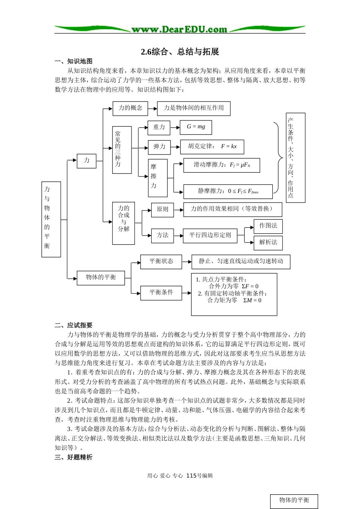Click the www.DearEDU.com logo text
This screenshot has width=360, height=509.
pyautogui.click(x=179, y=29)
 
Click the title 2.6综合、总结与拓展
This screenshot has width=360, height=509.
pyautogui.click(x=180, y=52)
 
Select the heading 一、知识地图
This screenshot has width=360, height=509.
pyautogui.click(x=74, y=61)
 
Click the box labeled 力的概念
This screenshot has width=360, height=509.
pyautogui.click(x=130, y=108)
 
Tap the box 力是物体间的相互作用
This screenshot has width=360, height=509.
pyautogui.click(x=194, y=108)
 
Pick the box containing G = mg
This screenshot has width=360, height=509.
pyautogui.click(x=196, y=127)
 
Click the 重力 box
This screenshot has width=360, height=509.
pyautogui.click(x=159, y=128)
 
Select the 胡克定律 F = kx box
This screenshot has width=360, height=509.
pyautogui.click(x=213, y=147)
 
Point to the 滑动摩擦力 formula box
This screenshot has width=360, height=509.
pyautogui.click(x=222, y=165)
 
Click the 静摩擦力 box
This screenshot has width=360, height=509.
pyautogui.click(x=228, y=192)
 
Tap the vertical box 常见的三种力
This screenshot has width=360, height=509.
pyautogui.click(x=122, y=150)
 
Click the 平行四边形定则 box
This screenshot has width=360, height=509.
pyautogui.click(x=210, y=236)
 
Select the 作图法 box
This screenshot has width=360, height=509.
pyautogui.click(x=268, y=226)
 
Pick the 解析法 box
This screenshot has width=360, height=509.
pyautogui.click(x=268, y=242)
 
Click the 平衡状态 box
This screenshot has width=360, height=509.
pyautogui.click(x=161, y=262)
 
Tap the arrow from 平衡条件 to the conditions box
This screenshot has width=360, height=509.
pyautogui.click(x=186, y=293)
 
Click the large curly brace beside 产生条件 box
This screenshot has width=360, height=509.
pyautogui.click(x=279, y=158)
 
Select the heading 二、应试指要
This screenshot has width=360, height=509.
pyautogui.click(x=74, y=325)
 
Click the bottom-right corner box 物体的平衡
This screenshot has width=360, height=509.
pyautogui.click(x=294, y=501)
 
